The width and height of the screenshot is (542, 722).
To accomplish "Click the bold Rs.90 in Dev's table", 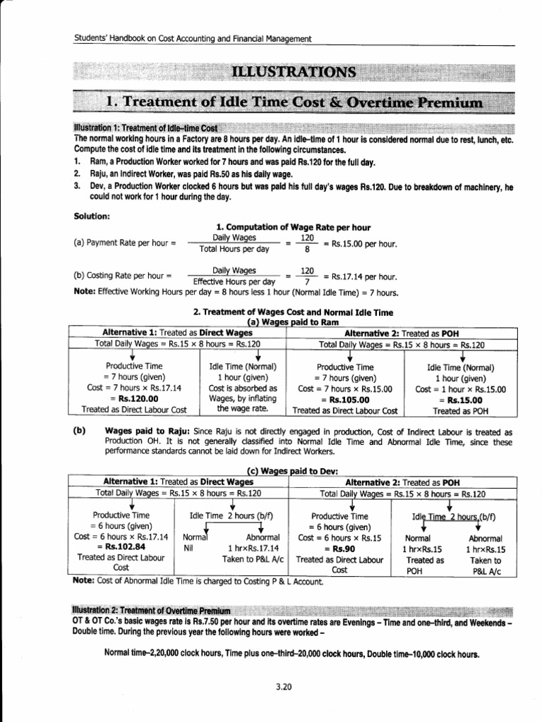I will tap(339, 546).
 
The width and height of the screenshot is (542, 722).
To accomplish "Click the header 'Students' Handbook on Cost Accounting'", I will tap(192, 39).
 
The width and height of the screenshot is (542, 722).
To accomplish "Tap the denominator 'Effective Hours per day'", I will tap(234, 281).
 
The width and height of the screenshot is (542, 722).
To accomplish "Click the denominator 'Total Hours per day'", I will tap(234, 249).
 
